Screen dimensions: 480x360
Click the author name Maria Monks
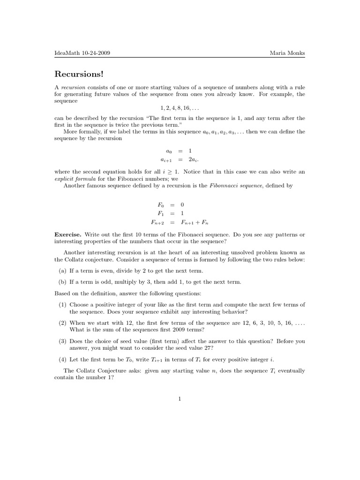[287, 53]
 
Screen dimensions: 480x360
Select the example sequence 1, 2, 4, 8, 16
[180, 108]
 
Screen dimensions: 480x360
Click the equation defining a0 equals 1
[179, 151]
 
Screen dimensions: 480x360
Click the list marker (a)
[62, 271]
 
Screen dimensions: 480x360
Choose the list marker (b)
[62, 282]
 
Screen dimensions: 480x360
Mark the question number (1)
[62, 305]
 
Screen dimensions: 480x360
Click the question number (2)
[62, 323]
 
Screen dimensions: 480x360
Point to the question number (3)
[62, 341]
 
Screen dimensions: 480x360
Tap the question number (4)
[62, 360]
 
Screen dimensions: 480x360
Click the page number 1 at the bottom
[180, 399]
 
